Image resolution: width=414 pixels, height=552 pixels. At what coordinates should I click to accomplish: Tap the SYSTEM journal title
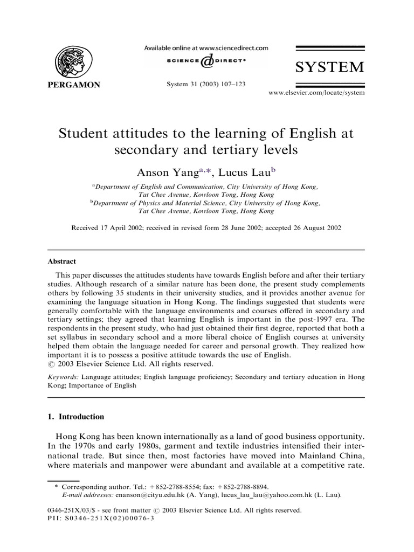point(329,67)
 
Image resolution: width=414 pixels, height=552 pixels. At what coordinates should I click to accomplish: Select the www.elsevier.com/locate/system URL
point(316,93)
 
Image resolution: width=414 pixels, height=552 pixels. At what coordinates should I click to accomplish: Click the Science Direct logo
point(206,63)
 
